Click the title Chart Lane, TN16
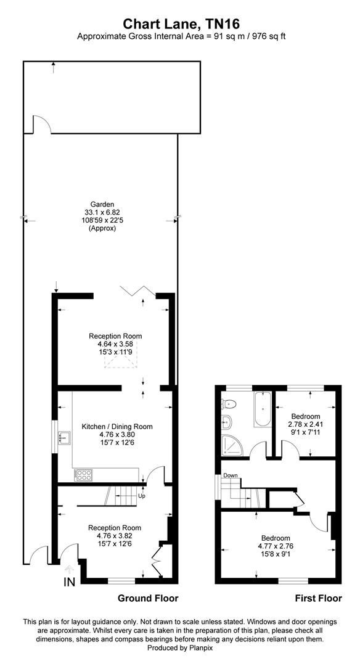pyautogui.click(x=181, y=24)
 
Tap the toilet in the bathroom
pyautogui.click(x=229, y=404)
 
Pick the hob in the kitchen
pyautogui.click(x=83, y=475)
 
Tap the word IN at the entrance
pyautogui.click(x=69, y=582)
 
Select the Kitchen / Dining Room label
pyautogui.click(x=117, y=426)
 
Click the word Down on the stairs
pyautogui.click(x=231, y=475)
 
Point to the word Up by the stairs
pyautogui.click(x=142, y=495)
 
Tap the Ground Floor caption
pyautogui.click(x=148, y=598)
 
